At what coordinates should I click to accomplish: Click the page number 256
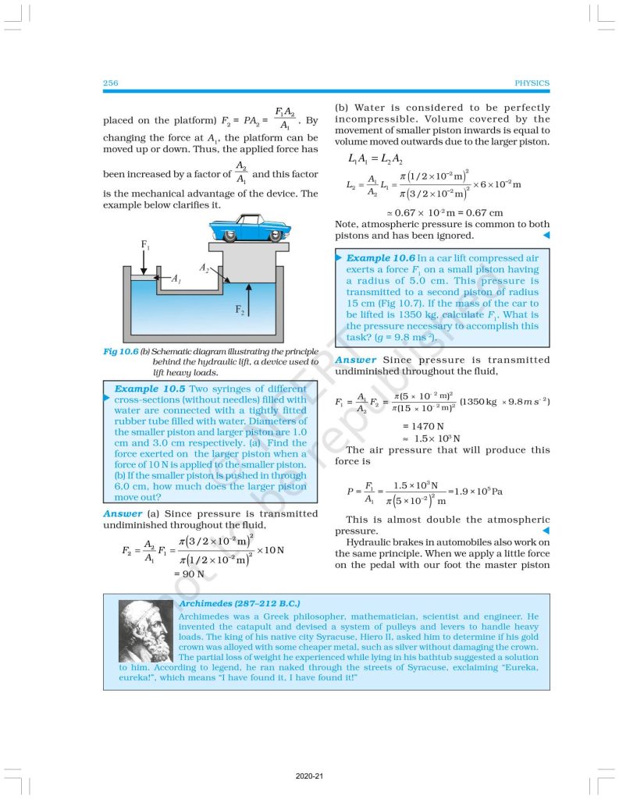(x=110, y=83)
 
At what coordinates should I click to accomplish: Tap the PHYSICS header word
(x=532, y=83)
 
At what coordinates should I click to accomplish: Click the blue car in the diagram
(x=247, y=227)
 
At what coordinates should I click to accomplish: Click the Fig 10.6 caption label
(x=120, y=352)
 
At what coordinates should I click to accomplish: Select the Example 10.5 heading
(x=150, y=389)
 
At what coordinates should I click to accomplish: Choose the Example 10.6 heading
(x=380, y=257)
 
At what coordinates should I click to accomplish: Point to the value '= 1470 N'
(x=423, y=426)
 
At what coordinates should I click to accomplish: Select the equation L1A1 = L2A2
(x=375, y=158)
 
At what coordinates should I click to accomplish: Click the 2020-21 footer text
(x=309, y=776)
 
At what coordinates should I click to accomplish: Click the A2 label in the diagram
(x=205, y=268)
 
